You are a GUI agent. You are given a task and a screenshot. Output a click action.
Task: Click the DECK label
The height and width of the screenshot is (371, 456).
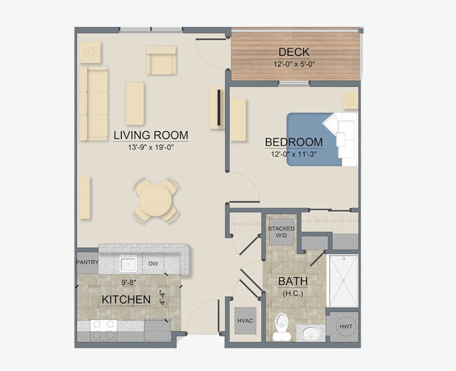tap(294, 52)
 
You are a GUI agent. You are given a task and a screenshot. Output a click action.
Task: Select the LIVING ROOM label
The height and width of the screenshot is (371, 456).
tap(151, 135)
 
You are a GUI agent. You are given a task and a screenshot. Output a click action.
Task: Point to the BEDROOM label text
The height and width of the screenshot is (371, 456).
tap(294, 142)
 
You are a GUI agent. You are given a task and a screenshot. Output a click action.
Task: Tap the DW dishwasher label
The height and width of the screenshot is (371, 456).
tap(153, 264)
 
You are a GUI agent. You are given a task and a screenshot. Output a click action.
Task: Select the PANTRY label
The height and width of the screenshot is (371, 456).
tap(87, 263)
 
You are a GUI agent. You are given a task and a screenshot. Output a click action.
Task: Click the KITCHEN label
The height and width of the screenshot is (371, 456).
tap(126, 300)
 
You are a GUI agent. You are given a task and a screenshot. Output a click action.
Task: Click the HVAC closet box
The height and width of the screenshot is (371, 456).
tap(245, 320)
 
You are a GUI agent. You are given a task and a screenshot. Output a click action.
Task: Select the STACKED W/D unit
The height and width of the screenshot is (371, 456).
tap(281, 232)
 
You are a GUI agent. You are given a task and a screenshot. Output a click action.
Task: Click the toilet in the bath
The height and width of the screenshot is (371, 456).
tap(281, 327)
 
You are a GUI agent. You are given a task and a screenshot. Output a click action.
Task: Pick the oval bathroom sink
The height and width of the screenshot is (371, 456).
tap(309, 334)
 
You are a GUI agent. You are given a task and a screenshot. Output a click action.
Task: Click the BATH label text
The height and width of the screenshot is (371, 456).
tap(293, 282)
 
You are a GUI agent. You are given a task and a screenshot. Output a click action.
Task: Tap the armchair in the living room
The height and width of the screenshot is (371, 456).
tap(161, 60)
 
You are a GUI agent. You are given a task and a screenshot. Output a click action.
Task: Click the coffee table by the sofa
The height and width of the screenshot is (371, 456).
tap(135, 103)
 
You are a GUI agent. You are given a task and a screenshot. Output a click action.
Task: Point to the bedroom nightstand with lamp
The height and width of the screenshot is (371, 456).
tap(349, 101)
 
